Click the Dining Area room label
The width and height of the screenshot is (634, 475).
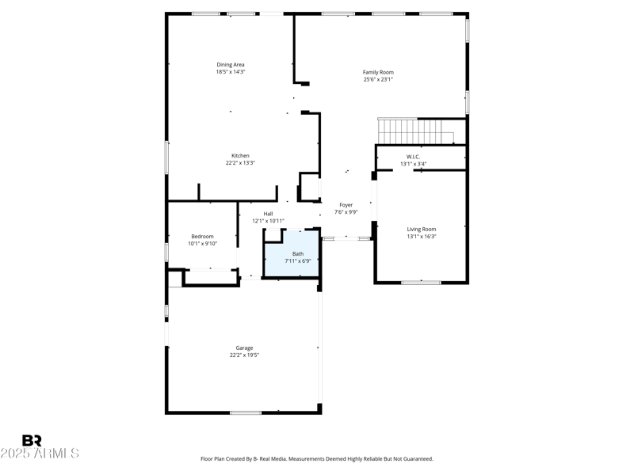pos(231,65)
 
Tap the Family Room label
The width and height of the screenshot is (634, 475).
pos(378,72)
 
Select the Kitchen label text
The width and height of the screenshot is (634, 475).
pos(240,156)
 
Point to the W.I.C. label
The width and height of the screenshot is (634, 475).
pos(413,157)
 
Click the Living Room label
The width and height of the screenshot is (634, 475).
pos(422,230)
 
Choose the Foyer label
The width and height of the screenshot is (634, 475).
pos(346,205)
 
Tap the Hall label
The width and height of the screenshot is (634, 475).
pos(268,214)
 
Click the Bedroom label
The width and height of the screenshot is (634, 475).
pos(202,237)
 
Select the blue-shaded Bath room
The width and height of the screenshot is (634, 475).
pos(292,255)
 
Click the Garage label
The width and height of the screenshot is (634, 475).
pos(244,348)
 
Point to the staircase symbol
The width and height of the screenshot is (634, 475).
pos(415,131)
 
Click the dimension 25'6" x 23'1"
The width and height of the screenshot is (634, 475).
pos(378,79)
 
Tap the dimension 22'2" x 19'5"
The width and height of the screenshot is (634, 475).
pos(244,355)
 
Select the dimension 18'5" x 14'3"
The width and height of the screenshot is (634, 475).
pos(231,72)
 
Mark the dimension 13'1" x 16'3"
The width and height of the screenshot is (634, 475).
pos(422,237)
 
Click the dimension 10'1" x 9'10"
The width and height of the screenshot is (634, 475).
pos(202,244)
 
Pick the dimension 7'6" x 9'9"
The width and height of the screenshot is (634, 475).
pos(346,212)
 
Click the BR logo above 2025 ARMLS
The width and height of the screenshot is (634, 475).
pos(32,441)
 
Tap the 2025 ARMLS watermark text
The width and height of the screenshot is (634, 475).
pos(40,454)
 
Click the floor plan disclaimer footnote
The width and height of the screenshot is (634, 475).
pos(317,459)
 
